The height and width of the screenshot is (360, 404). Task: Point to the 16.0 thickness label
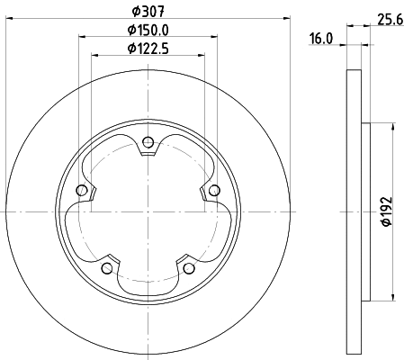(321, 39)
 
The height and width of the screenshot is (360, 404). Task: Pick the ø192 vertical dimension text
(385, 212)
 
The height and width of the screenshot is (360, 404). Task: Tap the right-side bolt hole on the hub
(214, 190)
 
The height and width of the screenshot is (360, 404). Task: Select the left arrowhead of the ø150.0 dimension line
(84, 37)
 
